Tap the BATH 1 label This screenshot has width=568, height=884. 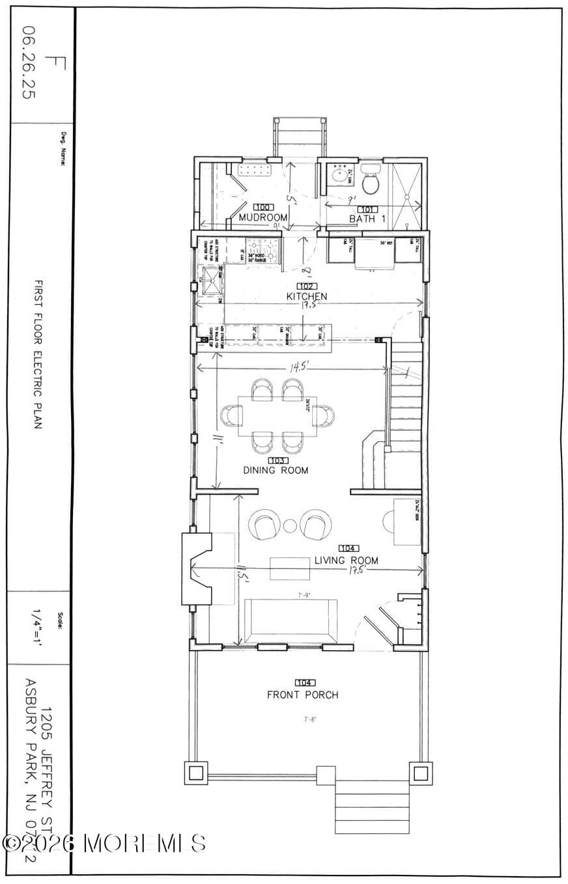367,219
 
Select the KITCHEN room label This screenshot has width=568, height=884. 307,297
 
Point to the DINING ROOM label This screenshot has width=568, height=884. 276,470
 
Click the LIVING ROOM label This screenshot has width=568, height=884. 346,560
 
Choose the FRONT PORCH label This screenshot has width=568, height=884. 303,695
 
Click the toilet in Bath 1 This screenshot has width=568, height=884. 371,182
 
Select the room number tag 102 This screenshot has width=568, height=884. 307,286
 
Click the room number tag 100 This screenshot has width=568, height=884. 263,207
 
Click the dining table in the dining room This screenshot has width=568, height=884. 277,416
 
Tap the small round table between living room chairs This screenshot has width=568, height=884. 290,525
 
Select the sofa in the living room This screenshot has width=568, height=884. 291,621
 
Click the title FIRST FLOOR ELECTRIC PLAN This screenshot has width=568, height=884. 38,354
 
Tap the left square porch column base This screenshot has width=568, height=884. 197,773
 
